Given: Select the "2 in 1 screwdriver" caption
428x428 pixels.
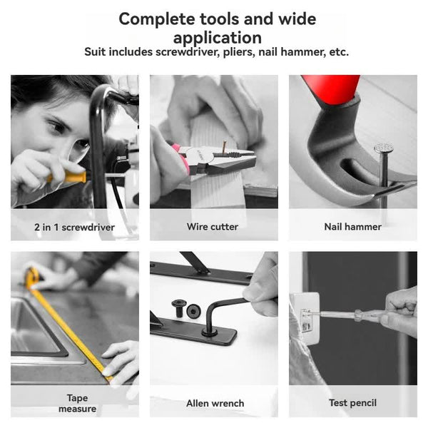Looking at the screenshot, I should [74, 228].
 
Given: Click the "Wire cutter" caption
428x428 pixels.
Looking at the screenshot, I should [213, 228].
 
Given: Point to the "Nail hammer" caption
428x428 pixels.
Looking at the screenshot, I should [352, 228].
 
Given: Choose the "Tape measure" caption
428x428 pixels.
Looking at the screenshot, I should [77, 403].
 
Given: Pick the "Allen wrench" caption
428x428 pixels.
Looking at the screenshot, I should [215, 404].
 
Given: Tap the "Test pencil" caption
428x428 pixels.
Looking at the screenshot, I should [352, 404].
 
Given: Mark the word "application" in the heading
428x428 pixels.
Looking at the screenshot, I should [217, 37].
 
